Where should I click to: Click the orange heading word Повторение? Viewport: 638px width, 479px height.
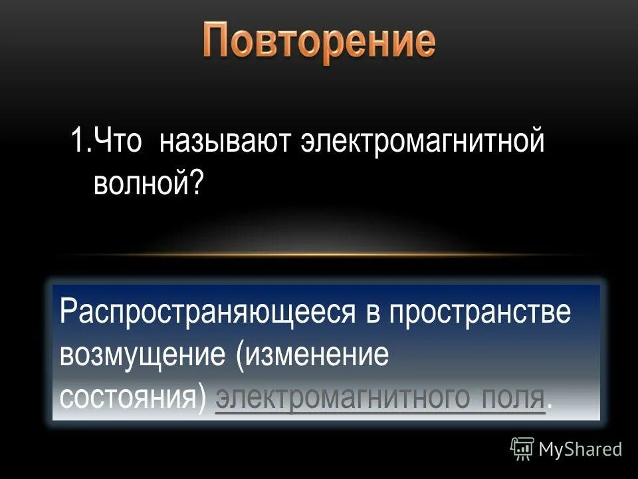coord(319,41)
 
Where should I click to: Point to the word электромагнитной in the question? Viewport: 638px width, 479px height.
coord(423,142)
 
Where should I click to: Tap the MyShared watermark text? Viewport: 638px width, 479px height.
coord(580,450)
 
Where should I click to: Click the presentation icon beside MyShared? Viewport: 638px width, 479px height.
coord(522,449)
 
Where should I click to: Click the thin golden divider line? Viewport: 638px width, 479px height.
coord(319,255)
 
